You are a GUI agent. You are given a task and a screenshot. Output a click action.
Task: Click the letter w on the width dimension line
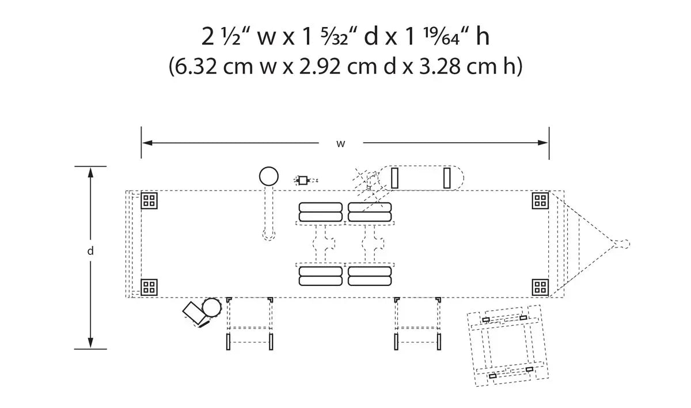tap(340, 144)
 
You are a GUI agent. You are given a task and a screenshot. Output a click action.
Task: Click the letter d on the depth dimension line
tap(90, 251)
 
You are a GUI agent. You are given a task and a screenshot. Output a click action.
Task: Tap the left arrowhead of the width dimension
tap(147, 143)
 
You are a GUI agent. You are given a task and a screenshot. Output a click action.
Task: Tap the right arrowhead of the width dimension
tap(543, 143)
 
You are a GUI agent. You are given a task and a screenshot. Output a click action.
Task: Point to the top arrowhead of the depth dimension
tap(90, 173)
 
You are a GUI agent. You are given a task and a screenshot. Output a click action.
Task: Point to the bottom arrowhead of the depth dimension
tap(90, 343)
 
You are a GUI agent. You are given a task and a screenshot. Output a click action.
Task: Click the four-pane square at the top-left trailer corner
tap(149, 201)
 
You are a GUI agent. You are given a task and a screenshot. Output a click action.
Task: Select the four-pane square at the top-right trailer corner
tap(540, 201)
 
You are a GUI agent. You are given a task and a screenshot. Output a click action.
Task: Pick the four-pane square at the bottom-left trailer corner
tap(149, 287)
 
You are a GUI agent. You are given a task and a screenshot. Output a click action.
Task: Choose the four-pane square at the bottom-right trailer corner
tap(540, 287)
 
